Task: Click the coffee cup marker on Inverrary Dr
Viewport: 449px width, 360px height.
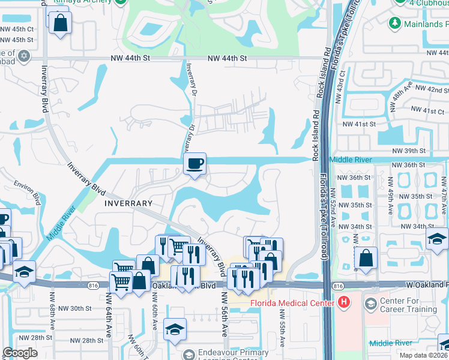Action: click(194, 164)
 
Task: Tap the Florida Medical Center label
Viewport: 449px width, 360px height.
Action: click(291, 303)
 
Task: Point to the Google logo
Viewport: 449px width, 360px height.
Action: click(20, 353)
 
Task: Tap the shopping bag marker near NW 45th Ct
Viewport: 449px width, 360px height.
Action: click(61, 25)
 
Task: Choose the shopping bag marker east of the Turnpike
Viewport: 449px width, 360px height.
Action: click(366, 259)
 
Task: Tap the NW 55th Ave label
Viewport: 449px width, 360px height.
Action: click(282, 327)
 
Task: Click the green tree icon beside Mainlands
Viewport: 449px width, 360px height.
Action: click(395, 23)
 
